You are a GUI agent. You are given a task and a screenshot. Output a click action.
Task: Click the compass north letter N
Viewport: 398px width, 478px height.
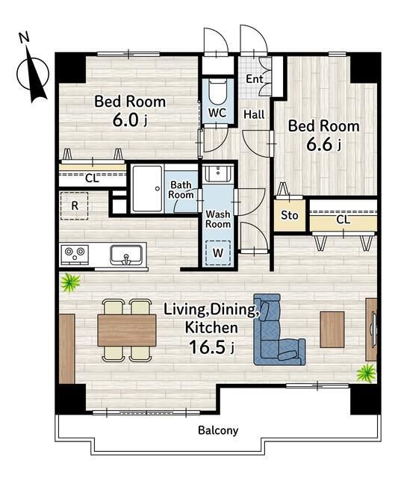[24, 37]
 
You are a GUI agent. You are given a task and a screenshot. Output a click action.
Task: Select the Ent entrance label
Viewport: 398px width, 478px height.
[255, 79]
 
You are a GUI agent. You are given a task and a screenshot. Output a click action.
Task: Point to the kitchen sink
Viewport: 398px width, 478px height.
[126, 255]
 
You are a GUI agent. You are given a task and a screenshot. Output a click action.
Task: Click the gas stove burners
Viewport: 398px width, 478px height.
[75, 254]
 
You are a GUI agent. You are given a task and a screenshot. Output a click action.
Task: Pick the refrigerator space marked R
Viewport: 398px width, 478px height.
[74, 206]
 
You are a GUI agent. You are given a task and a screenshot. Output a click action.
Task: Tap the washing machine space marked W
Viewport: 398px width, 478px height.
[218, 252]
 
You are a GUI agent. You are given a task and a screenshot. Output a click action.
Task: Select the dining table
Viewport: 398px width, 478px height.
[127, 330]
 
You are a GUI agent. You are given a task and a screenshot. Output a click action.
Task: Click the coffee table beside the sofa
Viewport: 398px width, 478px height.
[332, 329]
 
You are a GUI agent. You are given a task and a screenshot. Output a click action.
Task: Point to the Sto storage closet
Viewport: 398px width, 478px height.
[289, 215]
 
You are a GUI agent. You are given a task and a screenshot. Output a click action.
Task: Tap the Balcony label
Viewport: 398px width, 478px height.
[218, 430]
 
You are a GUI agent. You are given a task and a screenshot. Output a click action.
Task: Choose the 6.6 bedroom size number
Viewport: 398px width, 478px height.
[319, 144]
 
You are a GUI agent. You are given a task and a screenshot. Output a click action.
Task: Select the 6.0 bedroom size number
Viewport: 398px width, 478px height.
[126, 119]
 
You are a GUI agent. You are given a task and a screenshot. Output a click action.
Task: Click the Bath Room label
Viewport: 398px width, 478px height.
[181, 190]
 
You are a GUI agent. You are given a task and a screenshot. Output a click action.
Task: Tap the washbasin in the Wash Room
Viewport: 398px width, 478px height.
[218, 173]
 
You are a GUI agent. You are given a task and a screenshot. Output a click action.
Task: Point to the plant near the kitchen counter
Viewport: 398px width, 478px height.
[70, 282]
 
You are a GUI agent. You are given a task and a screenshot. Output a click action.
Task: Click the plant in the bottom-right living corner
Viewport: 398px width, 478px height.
[367, 373]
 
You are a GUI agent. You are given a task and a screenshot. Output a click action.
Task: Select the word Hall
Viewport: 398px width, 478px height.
[254, 114]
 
